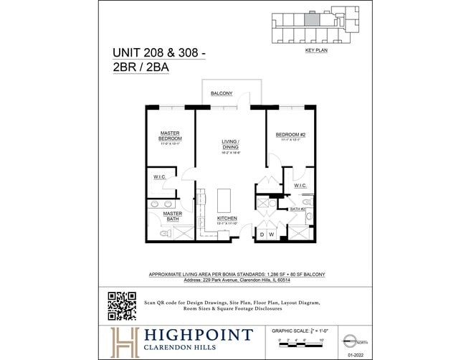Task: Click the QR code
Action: point(122,305)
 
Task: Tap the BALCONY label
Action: point(221,94)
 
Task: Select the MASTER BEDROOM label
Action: point(170,136)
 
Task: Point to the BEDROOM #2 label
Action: point(290,134)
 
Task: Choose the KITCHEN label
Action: point(227,218)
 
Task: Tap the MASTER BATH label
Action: point(172,216)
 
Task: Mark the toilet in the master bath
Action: point(163,233)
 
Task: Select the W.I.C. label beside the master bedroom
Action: point(159,177)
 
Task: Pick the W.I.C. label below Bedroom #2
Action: point(300,186)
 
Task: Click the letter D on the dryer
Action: point(262,235)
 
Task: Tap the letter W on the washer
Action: point(272,235)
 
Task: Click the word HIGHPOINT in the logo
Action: point(197,335)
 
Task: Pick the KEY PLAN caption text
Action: point(315,52)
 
